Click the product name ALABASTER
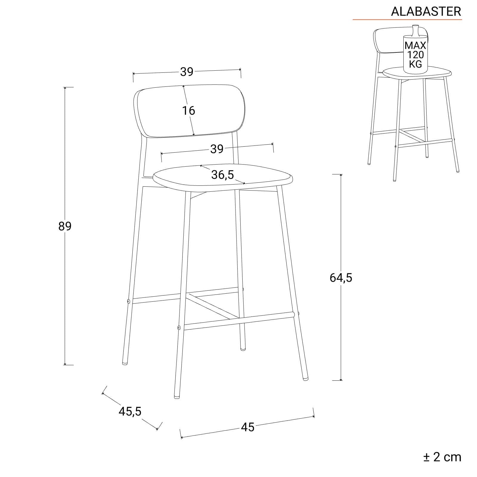coord(426,11)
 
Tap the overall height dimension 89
coord(65,226)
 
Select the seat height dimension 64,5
coord(341,278)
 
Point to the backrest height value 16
coord(188,111)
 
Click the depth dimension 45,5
coord(130,411)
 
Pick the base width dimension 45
coord(247,427)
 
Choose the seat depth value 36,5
coord(223,175)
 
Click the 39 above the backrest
coord(187,72)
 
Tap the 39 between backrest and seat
coord(217,149)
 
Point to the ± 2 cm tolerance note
coord(442,457)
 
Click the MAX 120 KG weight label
coord(415,55)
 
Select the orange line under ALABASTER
coord(407,20)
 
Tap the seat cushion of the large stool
coord(223,178)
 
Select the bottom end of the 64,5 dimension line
coord(341,380)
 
